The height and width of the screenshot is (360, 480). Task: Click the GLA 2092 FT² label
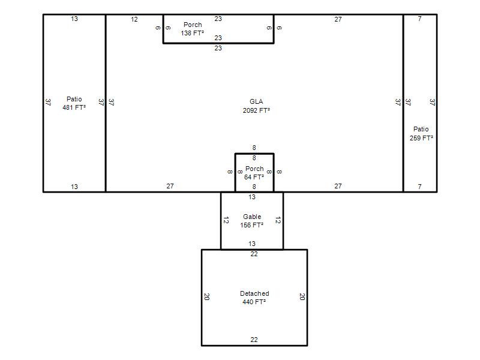point(256,106)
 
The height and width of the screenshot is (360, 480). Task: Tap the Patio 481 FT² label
point(74,103)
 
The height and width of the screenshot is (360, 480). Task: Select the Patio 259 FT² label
point(421,133)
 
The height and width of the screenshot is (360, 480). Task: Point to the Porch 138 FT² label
point(192,29)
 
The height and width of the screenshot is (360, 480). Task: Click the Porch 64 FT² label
point(254,173)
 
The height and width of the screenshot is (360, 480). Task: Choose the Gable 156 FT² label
point(252,221)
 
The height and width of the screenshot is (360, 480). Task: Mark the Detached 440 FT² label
point(254,298)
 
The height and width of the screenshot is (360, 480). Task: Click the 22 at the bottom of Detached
point(254,340)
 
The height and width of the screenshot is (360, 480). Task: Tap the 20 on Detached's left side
point(206,296)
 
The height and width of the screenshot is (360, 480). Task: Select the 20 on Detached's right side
point(302,296)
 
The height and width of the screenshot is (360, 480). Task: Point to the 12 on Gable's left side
point(226,220)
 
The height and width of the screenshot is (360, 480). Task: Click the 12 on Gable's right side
point(278,220)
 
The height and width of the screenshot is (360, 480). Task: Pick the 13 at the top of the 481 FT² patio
point(74,19)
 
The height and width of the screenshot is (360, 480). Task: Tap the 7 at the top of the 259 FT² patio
point(419,19)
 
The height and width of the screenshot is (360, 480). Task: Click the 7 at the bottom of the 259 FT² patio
point(419,187)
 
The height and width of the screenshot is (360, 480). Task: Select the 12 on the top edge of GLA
point(134,19)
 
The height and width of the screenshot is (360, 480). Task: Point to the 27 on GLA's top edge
point(338,19)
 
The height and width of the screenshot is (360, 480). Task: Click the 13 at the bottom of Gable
point(252,244)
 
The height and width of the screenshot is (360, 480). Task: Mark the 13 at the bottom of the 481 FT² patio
point(74,187)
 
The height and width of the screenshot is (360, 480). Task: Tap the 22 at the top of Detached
point(254,254)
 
